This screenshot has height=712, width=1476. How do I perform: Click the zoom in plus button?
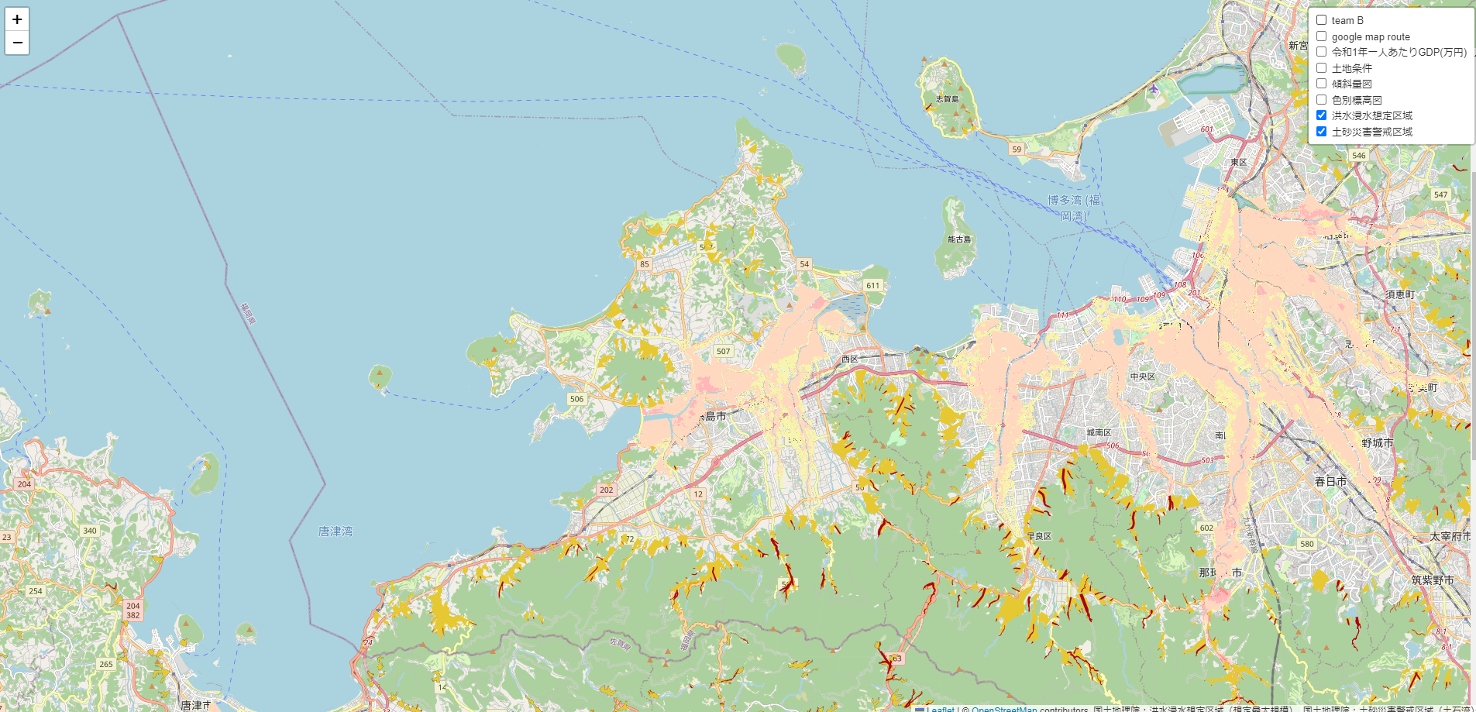[x=17, y=19]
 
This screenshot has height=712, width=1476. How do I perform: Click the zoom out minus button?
[x=17, y=43]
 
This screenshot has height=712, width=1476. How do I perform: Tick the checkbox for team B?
[x=1322, y=20]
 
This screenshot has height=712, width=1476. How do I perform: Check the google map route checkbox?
[x=1322, y=36]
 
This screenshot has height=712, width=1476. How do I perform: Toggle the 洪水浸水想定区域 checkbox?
[x=1322, y=115]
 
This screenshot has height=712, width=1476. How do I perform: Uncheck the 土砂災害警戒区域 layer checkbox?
[x=1322, y=132]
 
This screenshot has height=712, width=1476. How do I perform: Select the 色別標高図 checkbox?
[x=1322, y=100]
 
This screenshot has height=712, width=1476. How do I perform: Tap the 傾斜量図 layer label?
[x=1351, y=84]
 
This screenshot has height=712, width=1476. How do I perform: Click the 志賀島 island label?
[x=947, y=99]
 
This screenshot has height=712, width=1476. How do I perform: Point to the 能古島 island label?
[x=959, y=239]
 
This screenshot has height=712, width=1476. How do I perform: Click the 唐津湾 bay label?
[x=335, y=531]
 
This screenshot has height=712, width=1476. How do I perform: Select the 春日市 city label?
[x=1330, y=481]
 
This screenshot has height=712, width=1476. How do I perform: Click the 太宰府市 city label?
[x=1450, y=536]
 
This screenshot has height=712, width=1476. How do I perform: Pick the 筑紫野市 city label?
[x=1432, y=580]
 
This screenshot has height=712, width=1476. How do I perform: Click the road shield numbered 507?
[x=723, y=351]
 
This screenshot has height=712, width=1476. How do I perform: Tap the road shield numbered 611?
[x=873, y=285]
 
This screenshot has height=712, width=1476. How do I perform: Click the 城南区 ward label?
[x=1099, y=432]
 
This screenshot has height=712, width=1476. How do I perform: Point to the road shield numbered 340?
[x=90, y=531]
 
